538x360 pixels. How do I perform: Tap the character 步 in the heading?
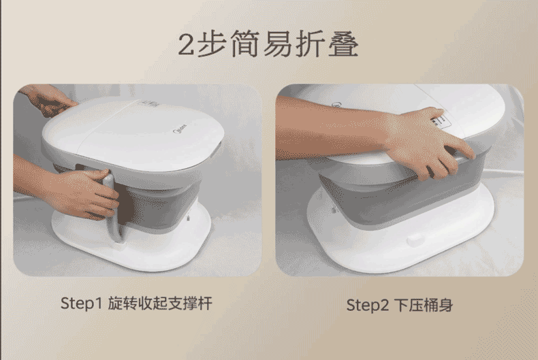(x=212, y=44)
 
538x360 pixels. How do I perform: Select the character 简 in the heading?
(x=244, y=44)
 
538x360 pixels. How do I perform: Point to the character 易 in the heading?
(x=277, y=44)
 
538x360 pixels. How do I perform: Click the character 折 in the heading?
(x=310, y=44)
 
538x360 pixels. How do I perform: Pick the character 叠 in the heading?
(x=343, y=44)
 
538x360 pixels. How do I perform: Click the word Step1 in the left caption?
(x=81, y=304)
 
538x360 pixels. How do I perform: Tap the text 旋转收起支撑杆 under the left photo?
(x=160, y=304)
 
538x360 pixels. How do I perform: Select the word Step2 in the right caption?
(x=367, y=305)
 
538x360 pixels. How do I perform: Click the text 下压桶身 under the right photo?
(x=424, y=305)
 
